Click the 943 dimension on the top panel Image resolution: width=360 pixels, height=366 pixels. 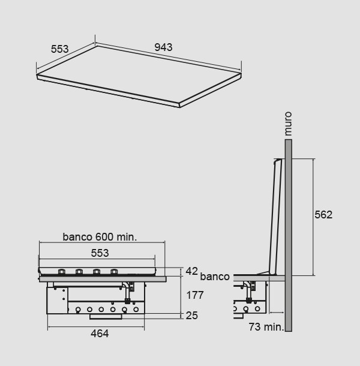point(163,47)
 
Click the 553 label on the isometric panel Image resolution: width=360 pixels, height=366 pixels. point(60,49)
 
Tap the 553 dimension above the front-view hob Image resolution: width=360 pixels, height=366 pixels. point(100,253)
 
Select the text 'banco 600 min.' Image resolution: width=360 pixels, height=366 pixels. point(100,237)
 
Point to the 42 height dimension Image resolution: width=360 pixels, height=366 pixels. point(191,271)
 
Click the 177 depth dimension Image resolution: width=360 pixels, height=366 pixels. point(195,295)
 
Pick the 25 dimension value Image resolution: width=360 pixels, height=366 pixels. point(192,316)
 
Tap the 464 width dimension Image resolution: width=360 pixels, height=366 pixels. point(100,334)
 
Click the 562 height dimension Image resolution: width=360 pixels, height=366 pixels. point(323,215)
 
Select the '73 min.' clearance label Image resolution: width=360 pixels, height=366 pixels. point(266,327)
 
